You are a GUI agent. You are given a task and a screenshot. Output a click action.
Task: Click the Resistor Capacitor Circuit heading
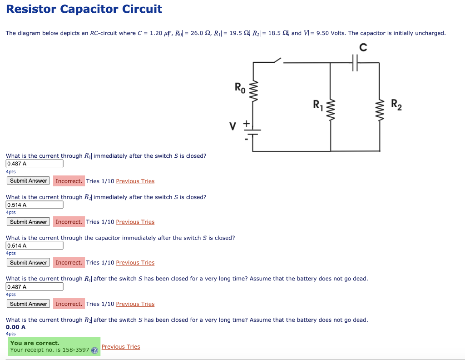point(84,9)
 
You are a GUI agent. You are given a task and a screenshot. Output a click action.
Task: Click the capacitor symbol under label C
point(355,63)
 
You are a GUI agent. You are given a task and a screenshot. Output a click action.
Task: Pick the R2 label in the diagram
point(396,105)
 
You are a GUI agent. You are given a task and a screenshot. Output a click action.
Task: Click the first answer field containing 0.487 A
point(35,164)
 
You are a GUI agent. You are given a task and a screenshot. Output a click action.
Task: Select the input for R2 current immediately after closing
point(35,205)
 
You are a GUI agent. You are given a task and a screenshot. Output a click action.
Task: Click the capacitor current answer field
point(35,245)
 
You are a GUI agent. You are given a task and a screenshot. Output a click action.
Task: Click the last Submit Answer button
point(29,304)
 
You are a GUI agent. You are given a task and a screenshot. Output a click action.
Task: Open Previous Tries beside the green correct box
point(121,347)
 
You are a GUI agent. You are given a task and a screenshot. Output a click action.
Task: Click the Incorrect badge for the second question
point(69,222)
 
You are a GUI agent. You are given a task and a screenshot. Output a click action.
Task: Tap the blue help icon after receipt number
point(94,350)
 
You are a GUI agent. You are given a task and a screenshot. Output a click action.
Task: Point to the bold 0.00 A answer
point(15,327)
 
